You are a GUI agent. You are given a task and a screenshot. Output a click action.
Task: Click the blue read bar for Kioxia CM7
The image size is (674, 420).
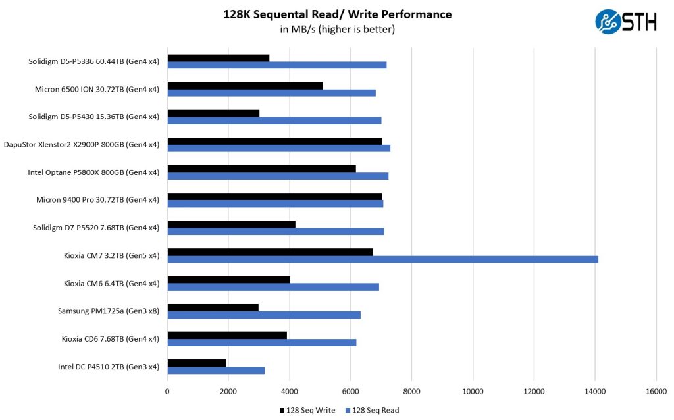[x=382, y=259]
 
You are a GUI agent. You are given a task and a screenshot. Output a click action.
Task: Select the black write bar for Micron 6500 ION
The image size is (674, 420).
[x=245, y=86]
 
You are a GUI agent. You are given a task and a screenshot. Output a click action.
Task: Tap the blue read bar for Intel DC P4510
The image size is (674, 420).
[x=216, y=370]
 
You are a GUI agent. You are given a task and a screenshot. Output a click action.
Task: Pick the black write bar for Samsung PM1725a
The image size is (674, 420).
[x=213, y=307]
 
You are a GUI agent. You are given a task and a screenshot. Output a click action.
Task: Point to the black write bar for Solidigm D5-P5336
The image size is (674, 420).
[x=218, y=58]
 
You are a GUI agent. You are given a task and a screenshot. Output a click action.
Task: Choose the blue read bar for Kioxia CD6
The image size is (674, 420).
[x=261, y=342]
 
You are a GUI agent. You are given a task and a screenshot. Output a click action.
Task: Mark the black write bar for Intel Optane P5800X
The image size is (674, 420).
[x=261, y=169]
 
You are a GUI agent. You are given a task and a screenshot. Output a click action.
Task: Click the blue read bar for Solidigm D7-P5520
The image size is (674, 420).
[x=275, y=231]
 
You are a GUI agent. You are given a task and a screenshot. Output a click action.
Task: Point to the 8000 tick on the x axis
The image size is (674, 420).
[x=411, y=391]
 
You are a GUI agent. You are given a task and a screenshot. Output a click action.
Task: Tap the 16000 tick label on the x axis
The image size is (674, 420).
[x=656, y=391]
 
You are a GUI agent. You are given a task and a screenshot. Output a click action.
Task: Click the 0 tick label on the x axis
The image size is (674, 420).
[x=167, y=391]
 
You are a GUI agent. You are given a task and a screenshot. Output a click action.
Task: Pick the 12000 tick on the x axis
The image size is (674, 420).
[x=534, y=391]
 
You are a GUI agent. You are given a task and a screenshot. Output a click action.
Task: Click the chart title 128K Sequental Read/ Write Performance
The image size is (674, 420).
[x=337, y=14]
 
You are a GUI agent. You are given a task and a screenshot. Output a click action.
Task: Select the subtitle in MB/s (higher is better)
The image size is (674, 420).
[x=337, y=29]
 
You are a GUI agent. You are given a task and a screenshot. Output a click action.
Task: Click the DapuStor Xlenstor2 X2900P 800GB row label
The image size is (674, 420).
[x=82, y=145]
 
